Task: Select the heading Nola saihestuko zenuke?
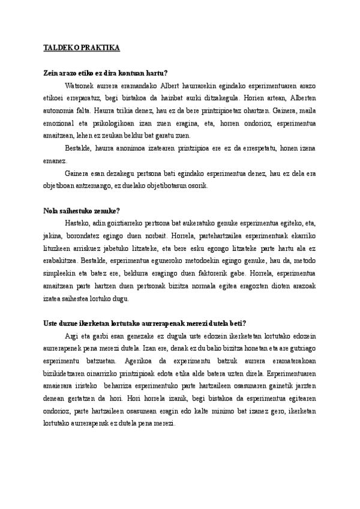pyautogui.click(x=82, y=210)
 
